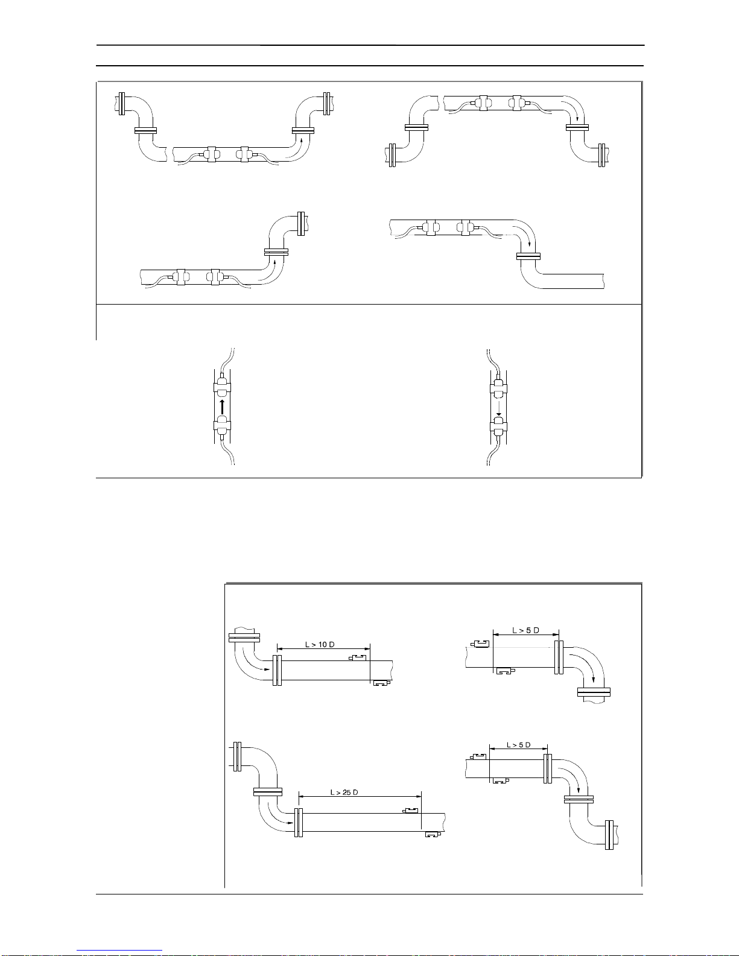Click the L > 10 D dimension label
point(320,645)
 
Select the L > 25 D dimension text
point(344,793)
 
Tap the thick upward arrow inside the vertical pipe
point(222,407)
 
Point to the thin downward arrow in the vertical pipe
point(498,407)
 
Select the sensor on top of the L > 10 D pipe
point(357,657)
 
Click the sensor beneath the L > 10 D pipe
point(382,683)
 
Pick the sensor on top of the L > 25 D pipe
point(410,811)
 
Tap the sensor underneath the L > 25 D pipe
point(433,835)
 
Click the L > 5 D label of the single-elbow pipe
point(525,630)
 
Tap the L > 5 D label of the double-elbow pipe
point(519,745)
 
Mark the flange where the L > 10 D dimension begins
point(277,670)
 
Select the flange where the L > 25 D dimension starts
point(299,822)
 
